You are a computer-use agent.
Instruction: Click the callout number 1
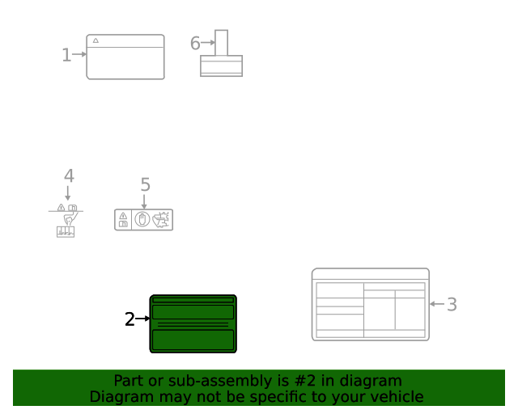(x=66, y=55)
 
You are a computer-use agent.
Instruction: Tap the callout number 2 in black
(x=129, y=319)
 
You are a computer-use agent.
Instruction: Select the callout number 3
(x=452, y=305)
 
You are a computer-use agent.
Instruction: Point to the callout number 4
(x=69, y=175)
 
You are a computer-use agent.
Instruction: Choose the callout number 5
(x=145, y=185)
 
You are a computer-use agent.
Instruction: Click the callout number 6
(x=195, y=44)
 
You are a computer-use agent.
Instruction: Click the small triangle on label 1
(x=96, y=40)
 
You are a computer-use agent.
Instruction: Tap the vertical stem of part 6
(x=221, y=43)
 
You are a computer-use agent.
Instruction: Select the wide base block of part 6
(x=221, y=65)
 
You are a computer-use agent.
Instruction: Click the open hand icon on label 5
(x=142, y=219)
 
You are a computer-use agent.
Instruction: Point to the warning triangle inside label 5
(x=123, y=216)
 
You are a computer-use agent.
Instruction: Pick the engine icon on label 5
(x=162, y=219)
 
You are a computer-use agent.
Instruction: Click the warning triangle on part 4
(x=62, y=208)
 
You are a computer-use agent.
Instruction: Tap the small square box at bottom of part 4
(x=66, y=232)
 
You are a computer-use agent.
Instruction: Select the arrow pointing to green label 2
(x=142, y=319)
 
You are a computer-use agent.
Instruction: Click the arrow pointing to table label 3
(x=437, y=304)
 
